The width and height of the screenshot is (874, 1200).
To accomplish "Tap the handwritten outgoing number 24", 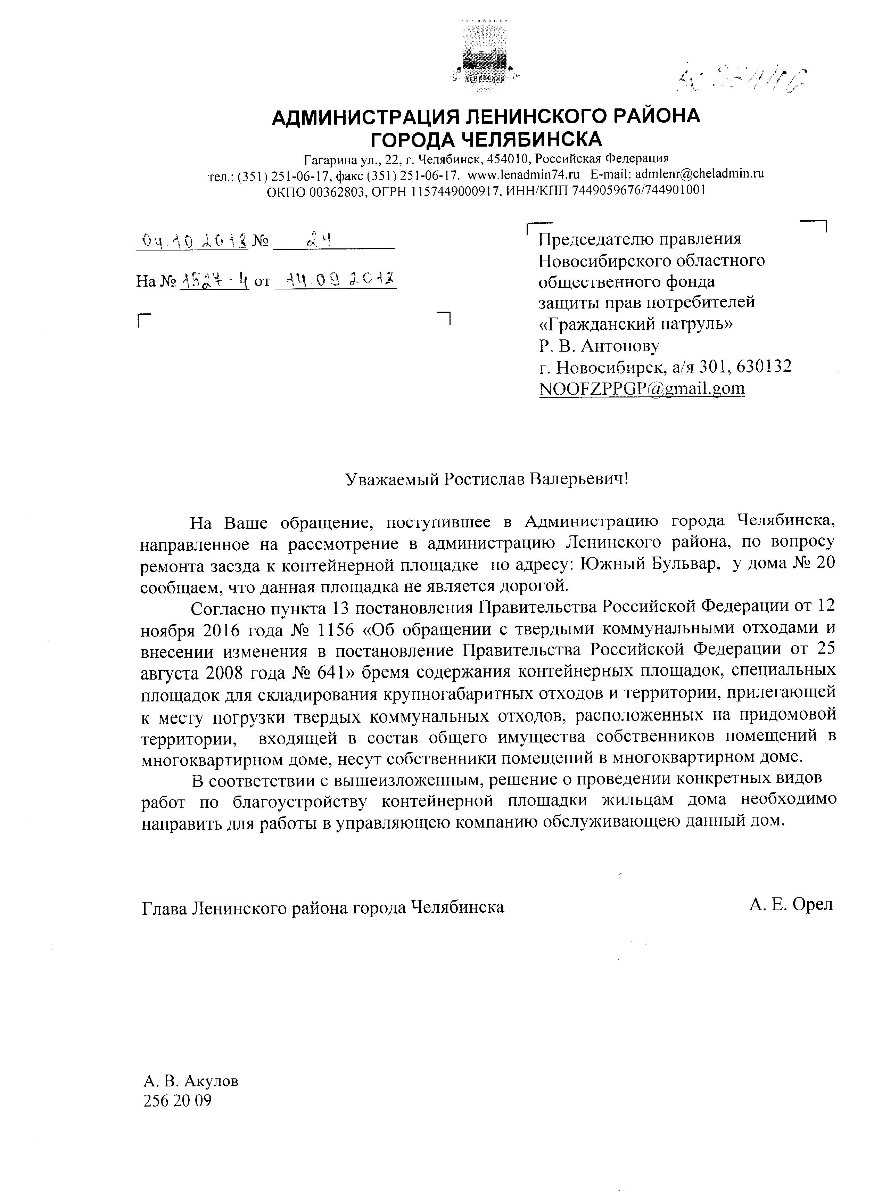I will (x=319, y=241).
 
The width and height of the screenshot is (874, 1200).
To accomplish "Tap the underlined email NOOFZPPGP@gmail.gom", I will (x=641, y=389).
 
